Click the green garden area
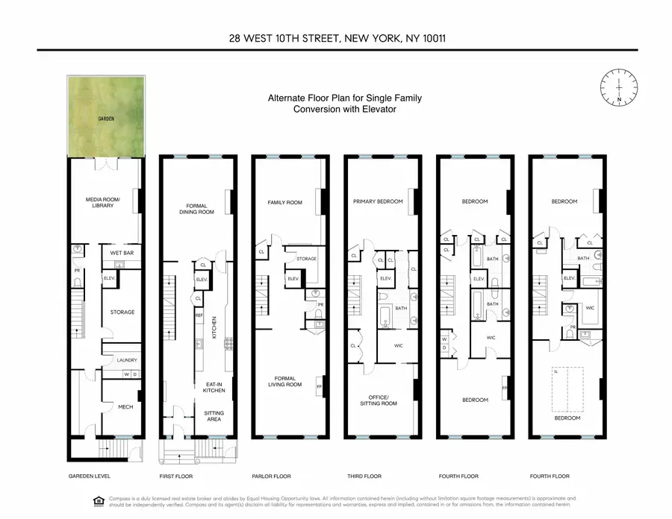105,117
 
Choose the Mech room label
125,407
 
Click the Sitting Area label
214,416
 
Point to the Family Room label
284,202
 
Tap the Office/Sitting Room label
382,399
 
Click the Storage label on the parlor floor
306,259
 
